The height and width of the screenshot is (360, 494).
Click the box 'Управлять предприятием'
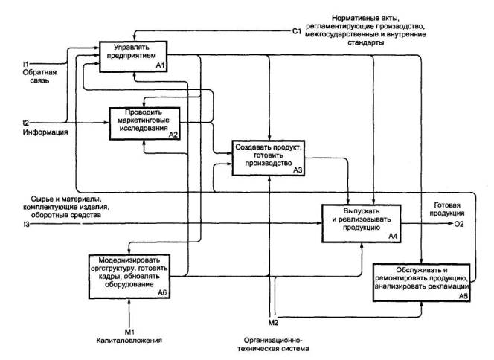pyautogui.click(x=132, y=55)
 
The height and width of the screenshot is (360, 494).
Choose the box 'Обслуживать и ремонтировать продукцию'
pyautogui.click(x=421, y=281)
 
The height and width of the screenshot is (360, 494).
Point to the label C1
pyautogui.click(x=297, y=32)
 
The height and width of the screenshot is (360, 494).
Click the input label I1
pyautogui.click(x=26, y=64)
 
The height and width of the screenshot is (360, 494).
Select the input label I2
pyautogui.click(x=26, y=122)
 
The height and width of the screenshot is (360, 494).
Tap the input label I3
pyautogui.click(x=26, y=224)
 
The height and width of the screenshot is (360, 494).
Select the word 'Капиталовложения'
pyautogui.click(x=131, y=341)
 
